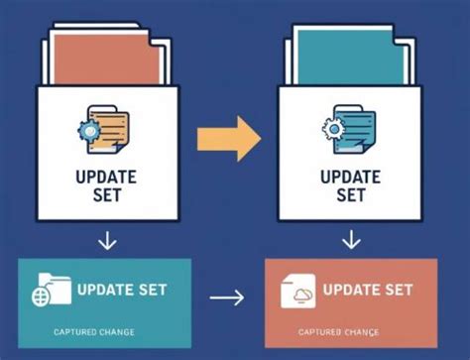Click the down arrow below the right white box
[x=350, y=241]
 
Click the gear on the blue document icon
[x=330, y=129]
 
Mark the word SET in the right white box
[x=351, y=195]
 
